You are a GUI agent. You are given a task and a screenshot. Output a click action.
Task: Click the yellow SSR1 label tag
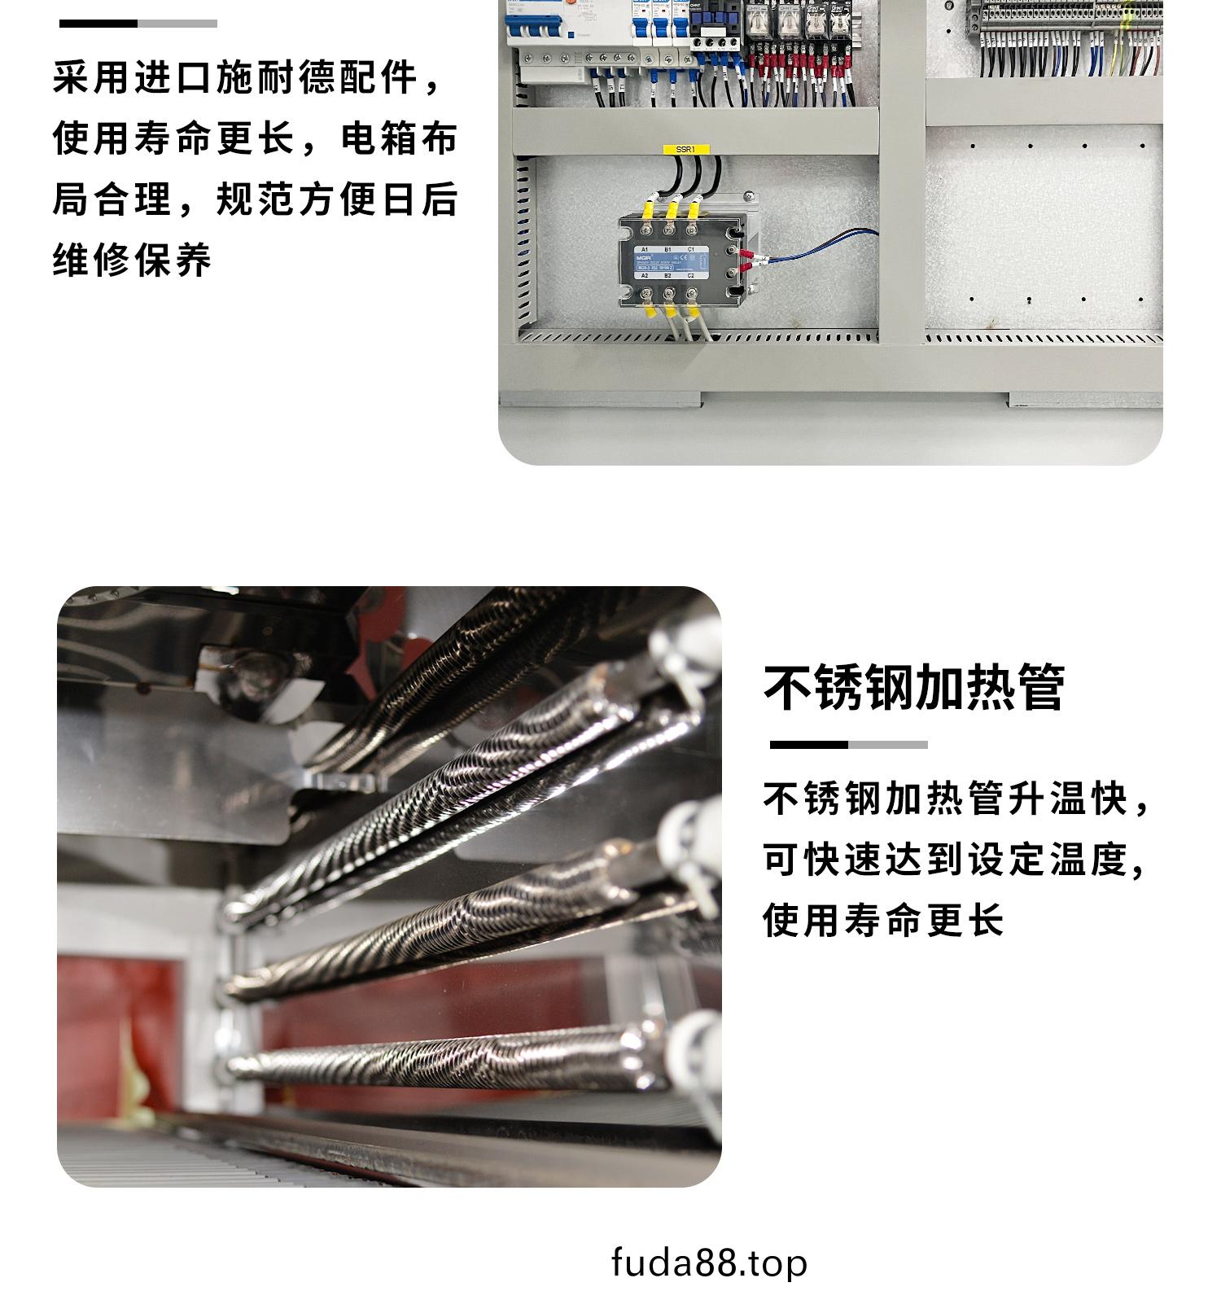[x=685, y=150]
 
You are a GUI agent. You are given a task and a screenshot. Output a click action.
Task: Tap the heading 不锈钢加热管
[x=914, y=689]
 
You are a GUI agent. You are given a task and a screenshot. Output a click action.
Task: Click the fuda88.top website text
[x=709, y=1263]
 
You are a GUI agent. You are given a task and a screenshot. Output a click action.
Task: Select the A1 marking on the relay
[x=645, y=249]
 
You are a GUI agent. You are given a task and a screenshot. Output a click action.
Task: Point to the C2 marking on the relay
[x=691, y=276]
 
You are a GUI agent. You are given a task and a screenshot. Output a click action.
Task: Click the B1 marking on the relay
[x=667, y=249]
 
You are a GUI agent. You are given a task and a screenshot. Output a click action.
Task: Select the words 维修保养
[x=132, y=260]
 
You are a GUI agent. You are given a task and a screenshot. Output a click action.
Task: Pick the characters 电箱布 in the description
[x=399, y=139]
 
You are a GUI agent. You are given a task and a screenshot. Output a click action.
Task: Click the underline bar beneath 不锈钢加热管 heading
[x=848, y=745]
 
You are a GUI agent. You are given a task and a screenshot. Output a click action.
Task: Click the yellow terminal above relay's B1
[x=672, y=210]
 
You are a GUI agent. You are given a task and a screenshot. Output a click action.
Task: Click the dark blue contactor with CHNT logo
[x=709, y=33]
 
